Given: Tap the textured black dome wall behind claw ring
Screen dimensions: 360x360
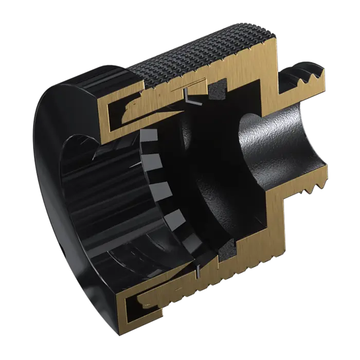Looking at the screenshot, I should [206, 170].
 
